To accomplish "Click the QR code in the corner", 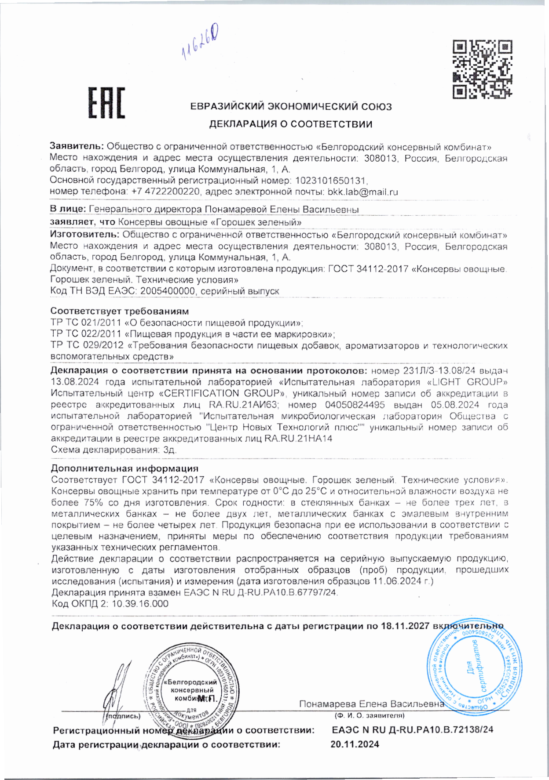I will (x=483, y=69).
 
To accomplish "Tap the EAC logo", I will (x=106, y=103).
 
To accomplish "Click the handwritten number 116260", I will (x=201, y=44).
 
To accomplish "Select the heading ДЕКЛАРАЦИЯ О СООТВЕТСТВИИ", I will (x=290, y=124).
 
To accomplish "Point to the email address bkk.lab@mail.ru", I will (x=363, y=192).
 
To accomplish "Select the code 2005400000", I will (x=170, y=291).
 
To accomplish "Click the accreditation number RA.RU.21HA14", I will (x=298, y=439).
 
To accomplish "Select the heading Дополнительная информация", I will (x=124, y=468).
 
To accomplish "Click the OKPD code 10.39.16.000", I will (x=140, y=604).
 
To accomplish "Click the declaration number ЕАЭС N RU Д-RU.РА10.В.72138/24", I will (x=412, y=730).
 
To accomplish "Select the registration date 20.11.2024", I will (x=355, y=744).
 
